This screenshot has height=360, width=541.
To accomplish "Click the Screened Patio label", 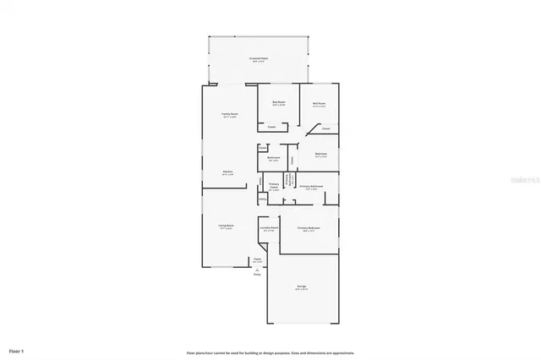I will click(x=257, y=59).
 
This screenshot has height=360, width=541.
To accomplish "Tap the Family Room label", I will click(x=229, y=115).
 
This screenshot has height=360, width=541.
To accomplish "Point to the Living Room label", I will click(x=227, y=226).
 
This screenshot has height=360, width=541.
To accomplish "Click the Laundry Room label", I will click(x=270, y=228).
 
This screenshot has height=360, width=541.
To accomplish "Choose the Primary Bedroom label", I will click(x=307, y=229).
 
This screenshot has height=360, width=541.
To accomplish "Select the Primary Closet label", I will click(x=274, y=187).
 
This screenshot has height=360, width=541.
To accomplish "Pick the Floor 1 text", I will click(x=17, y=349).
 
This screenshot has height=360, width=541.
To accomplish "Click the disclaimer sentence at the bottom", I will click(x=270, y=353).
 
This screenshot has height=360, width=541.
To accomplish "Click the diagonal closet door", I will click(x=312, y=129).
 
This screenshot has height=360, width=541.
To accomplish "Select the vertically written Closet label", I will click(x=292, y=159).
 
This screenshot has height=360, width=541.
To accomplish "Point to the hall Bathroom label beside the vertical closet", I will click(x=274, y=159).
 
